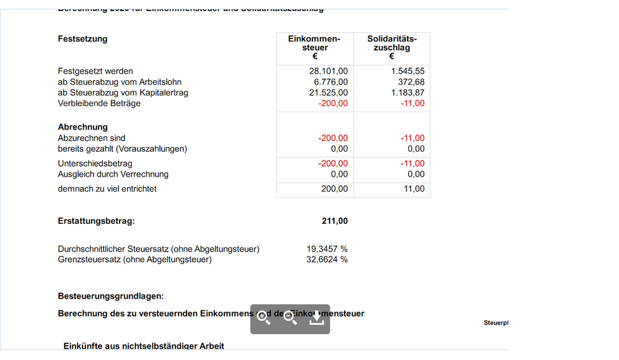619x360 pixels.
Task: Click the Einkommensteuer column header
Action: pyautogui.click(x=314, y=47)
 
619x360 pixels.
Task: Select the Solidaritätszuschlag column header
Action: pyautogui.click(x=392, y=47)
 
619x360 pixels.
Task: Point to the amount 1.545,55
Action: pyautogui.click(x=408, y=71)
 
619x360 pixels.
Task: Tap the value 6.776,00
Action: pyautogui.click(x=330, y=82)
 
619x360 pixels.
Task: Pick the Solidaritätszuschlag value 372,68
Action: pyautogui.click(x=411, y=82)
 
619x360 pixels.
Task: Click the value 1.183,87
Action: pyautogui.click(x=408, y=92)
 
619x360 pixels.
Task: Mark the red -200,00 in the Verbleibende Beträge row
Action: pyautogui.click(x=333, y=103)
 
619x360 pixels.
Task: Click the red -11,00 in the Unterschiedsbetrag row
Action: pyautogui.click(x=412, y=164)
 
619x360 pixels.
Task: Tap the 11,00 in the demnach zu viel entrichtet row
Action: pyautogui.click(x=414, y=189)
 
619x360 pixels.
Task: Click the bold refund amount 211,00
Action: pyautogui.click(x=335, y=221)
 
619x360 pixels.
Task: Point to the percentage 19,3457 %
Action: pyautogui.click(x=327, y=249)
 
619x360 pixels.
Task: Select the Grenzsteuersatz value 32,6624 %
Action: pyautogui.click(x=327, y=260)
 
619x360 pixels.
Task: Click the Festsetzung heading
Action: pyautogui.click(x=82, y=39)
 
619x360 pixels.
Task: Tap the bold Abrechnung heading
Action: pyautogui.click(x=82, y=127)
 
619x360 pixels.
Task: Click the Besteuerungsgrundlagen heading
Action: pyautogui.click(x=110, y=297)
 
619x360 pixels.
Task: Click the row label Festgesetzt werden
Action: pyautogui.click(x=95, y=71)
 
